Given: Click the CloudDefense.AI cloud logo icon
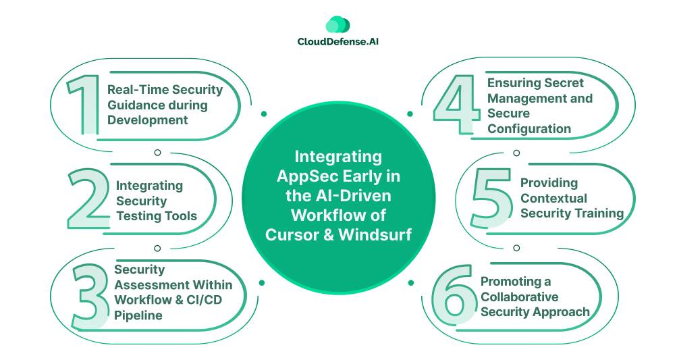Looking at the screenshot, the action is click(x=337, y=24).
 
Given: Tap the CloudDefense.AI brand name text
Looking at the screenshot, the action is click(x=338, y=42).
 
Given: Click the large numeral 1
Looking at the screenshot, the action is click(x=84, y=104).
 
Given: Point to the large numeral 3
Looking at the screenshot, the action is click(x=90, y=297).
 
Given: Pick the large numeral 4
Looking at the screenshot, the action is click(x=456, y=104).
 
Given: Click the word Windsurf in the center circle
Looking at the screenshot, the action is click(x=375, y=234).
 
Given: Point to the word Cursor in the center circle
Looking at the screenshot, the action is click(x=290, y=234).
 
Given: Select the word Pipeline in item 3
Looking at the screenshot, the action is click(x=138, y=315).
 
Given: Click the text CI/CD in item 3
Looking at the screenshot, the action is click(x=205, y=300).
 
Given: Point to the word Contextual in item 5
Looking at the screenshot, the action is click(x=553, y=199).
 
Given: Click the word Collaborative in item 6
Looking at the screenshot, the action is click(x=520, y=297).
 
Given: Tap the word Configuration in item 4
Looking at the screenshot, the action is click(x=529, y=129).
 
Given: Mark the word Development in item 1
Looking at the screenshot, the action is click(x=148, y=120).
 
